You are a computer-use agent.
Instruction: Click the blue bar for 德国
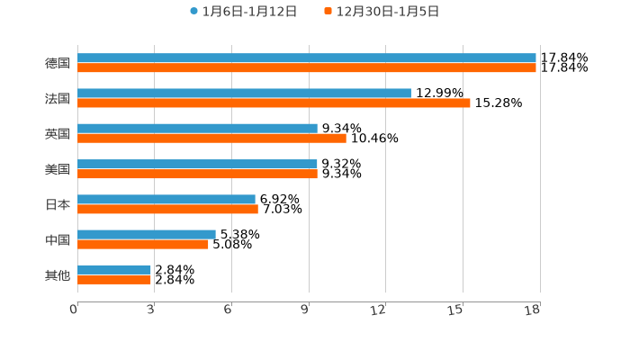point(306,58)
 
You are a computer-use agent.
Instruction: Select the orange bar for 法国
point(274,103)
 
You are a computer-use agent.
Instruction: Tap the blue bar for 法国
point(244,94)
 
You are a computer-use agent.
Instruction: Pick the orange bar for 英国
point(211,139)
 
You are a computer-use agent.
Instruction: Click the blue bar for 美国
point(197,164)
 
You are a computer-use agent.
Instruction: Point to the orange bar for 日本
point(167,210)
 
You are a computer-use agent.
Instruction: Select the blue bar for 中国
point(147,234)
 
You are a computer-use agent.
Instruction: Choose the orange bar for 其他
point(114,280)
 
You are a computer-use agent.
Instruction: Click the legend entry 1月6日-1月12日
point(249,12)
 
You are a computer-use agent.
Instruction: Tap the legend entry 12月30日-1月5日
point(388,12)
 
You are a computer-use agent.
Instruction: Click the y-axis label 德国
point(58,63)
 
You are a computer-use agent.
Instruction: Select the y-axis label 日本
point(58,204)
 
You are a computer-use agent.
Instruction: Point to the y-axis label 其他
point(58,274)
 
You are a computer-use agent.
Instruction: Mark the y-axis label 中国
point(58,239)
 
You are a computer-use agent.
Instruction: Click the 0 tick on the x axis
point(74,310)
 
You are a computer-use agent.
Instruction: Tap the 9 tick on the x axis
point(305,310)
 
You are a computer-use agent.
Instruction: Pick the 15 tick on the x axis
point(456,310)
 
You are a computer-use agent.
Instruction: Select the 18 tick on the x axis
point(533,310)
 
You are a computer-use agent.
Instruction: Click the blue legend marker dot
point(193,12)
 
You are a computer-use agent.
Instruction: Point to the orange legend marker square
point(328,12)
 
